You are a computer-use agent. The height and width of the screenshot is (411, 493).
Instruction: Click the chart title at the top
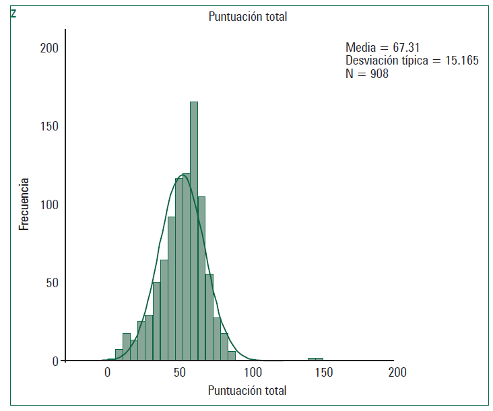[x=247, y=17]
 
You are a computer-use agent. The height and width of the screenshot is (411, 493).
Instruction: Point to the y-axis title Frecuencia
[x=24, y=204]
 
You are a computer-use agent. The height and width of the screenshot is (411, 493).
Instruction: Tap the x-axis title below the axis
[x=247, y=391]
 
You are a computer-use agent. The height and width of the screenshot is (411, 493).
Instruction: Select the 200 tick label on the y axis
[x=49, y=48]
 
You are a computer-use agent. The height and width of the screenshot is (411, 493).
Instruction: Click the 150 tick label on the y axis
[x=49, y=126]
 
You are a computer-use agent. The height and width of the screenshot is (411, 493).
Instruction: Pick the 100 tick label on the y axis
[x=49, y=204]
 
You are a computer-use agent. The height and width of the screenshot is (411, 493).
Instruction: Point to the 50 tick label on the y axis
[x=52, y=283]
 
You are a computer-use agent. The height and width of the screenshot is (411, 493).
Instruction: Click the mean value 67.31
[x=407, y=48]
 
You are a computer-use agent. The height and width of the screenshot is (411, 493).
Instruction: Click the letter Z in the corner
[x=13, y=12]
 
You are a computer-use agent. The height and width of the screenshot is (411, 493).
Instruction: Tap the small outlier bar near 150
[x=315, y=359]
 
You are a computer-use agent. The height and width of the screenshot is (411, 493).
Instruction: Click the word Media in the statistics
[x=360, y=48]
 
